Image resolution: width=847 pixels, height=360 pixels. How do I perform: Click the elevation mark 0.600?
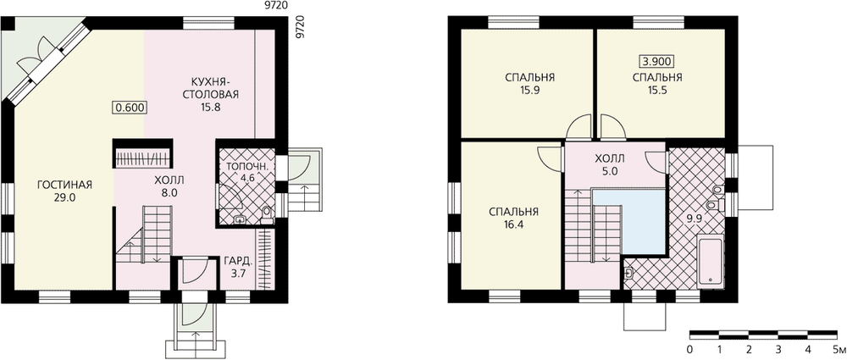130,107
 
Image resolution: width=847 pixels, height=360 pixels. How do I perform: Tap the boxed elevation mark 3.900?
657,60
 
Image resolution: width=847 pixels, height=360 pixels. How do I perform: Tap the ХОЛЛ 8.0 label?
169,186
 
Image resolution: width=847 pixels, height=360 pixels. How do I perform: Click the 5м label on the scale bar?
839,347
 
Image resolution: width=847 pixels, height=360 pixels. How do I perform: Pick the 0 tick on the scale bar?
690,347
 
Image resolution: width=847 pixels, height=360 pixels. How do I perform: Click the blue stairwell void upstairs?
629,222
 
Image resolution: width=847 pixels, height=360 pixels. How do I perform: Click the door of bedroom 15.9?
579,128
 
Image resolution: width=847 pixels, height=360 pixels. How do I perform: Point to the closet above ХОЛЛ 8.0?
142,156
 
